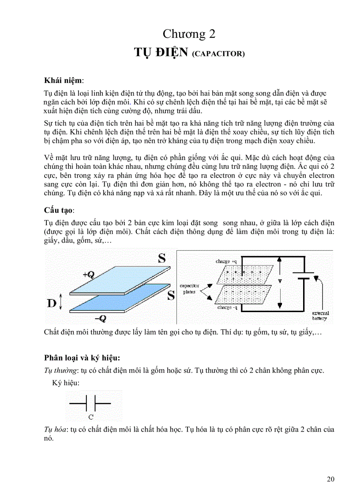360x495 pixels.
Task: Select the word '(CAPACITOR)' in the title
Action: click(218, 54)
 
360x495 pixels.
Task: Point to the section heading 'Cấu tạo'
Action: click(59, 209)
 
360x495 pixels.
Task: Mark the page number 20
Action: click(331, 479)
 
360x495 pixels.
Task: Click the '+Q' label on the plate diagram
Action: click(88, 274)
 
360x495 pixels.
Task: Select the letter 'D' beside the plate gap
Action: click(52, 303)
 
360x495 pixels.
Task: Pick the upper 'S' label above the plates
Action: click(162, 258)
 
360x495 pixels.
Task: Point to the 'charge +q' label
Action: click(226, 261)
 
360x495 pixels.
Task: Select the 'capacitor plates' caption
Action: click(189, 288)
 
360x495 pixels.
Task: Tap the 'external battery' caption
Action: click(320, 316)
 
